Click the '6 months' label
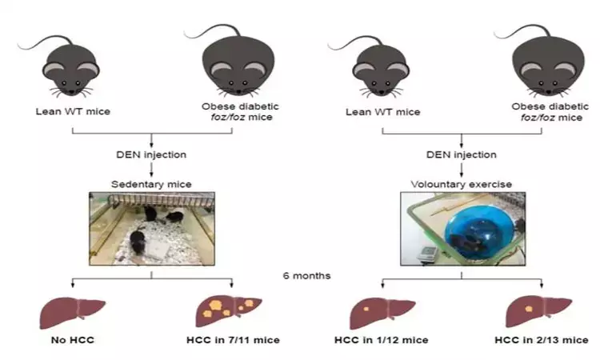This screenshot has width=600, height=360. [x=306, y=276]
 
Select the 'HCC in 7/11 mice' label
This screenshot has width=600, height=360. [x=233, y=340]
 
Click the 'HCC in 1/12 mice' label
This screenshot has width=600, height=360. [x=382, y=340]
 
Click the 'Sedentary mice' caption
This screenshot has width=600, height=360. [x=151, y=185]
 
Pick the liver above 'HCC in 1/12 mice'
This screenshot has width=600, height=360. [x=382, y=308]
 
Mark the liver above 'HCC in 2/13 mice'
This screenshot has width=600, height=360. [x=538, y=308]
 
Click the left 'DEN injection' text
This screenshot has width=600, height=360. [x=152, y=154]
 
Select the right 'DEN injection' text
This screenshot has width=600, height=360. [x=462, y=154]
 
